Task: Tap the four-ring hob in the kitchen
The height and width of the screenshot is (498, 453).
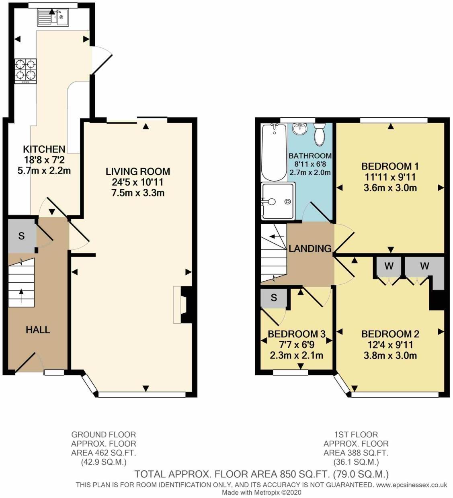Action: tap(26, 71)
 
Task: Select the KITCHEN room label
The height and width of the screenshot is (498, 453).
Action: tap(44, 149)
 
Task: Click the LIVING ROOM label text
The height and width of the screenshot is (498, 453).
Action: tap(138, 171)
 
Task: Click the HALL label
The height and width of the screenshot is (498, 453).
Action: tap(38, 330)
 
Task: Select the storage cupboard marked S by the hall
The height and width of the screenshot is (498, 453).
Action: tap(21, 236)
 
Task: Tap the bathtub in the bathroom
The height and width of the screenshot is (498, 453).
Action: tap(273, 152)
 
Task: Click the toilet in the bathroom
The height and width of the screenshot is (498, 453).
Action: tap(320, 135)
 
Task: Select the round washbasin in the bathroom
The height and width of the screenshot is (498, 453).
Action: tap(299, 129)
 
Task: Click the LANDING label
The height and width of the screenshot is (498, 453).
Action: tap(310, 249)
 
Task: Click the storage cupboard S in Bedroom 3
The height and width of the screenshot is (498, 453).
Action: tap(274, 298)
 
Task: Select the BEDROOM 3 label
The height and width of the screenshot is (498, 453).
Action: tap(296, 334)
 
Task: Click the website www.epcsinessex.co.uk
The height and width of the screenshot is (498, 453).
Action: tap(411, 485)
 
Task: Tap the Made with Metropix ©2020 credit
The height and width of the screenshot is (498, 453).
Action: tap(262, 492)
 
